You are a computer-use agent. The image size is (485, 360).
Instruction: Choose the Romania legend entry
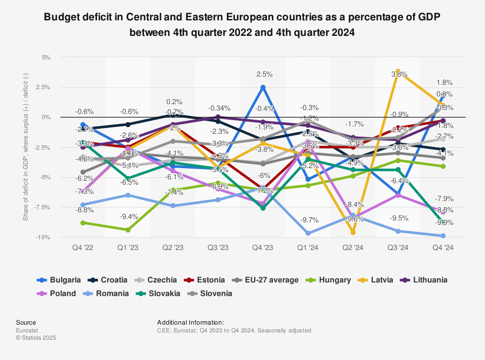point(112,293)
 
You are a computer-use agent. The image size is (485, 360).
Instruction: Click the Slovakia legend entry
point(164,293)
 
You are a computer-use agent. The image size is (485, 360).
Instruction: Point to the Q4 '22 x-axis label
point(83,248)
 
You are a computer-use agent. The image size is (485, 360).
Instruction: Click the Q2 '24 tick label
point(353,248)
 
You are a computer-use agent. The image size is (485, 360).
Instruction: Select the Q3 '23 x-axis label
point(218,248)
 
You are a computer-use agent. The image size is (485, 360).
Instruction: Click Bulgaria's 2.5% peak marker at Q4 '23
point(263,87)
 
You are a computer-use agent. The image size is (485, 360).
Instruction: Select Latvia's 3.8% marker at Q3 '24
point(398,72)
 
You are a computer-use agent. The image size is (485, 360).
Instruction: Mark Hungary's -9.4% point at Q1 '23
point(128,230)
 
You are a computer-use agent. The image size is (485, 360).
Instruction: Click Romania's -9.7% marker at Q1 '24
point(308,234)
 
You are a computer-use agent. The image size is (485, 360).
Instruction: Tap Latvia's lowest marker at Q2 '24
point(353,233)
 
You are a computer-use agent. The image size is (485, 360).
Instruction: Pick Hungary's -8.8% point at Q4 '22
point(83,223)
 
